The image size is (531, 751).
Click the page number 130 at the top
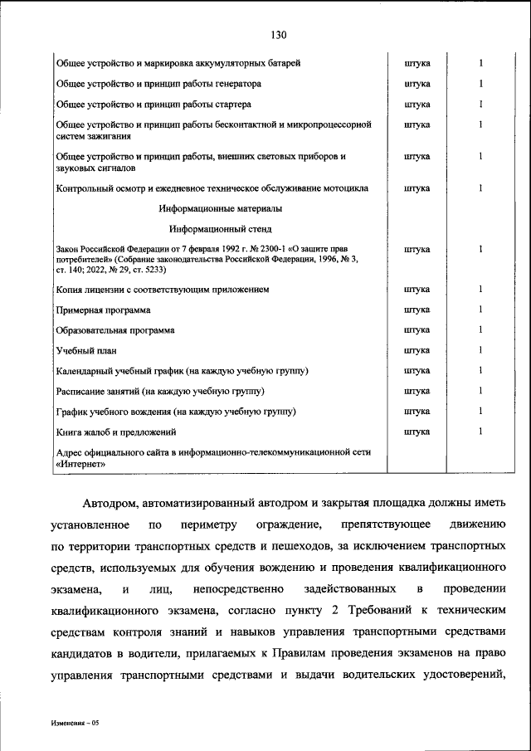pos(278,34)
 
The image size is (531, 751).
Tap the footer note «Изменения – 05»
pos(73,724)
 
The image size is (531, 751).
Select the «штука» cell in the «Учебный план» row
pos(416,350)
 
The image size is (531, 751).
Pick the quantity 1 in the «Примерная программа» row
pos(480,310)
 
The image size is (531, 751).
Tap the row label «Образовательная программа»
pos(114,330)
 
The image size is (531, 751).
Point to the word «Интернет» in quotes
pos(80,465)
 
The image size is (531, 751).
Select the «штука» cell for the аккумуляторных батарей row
pos(416,64)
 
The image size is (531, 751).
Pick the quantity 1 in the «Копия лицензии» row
pos(480,290)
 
